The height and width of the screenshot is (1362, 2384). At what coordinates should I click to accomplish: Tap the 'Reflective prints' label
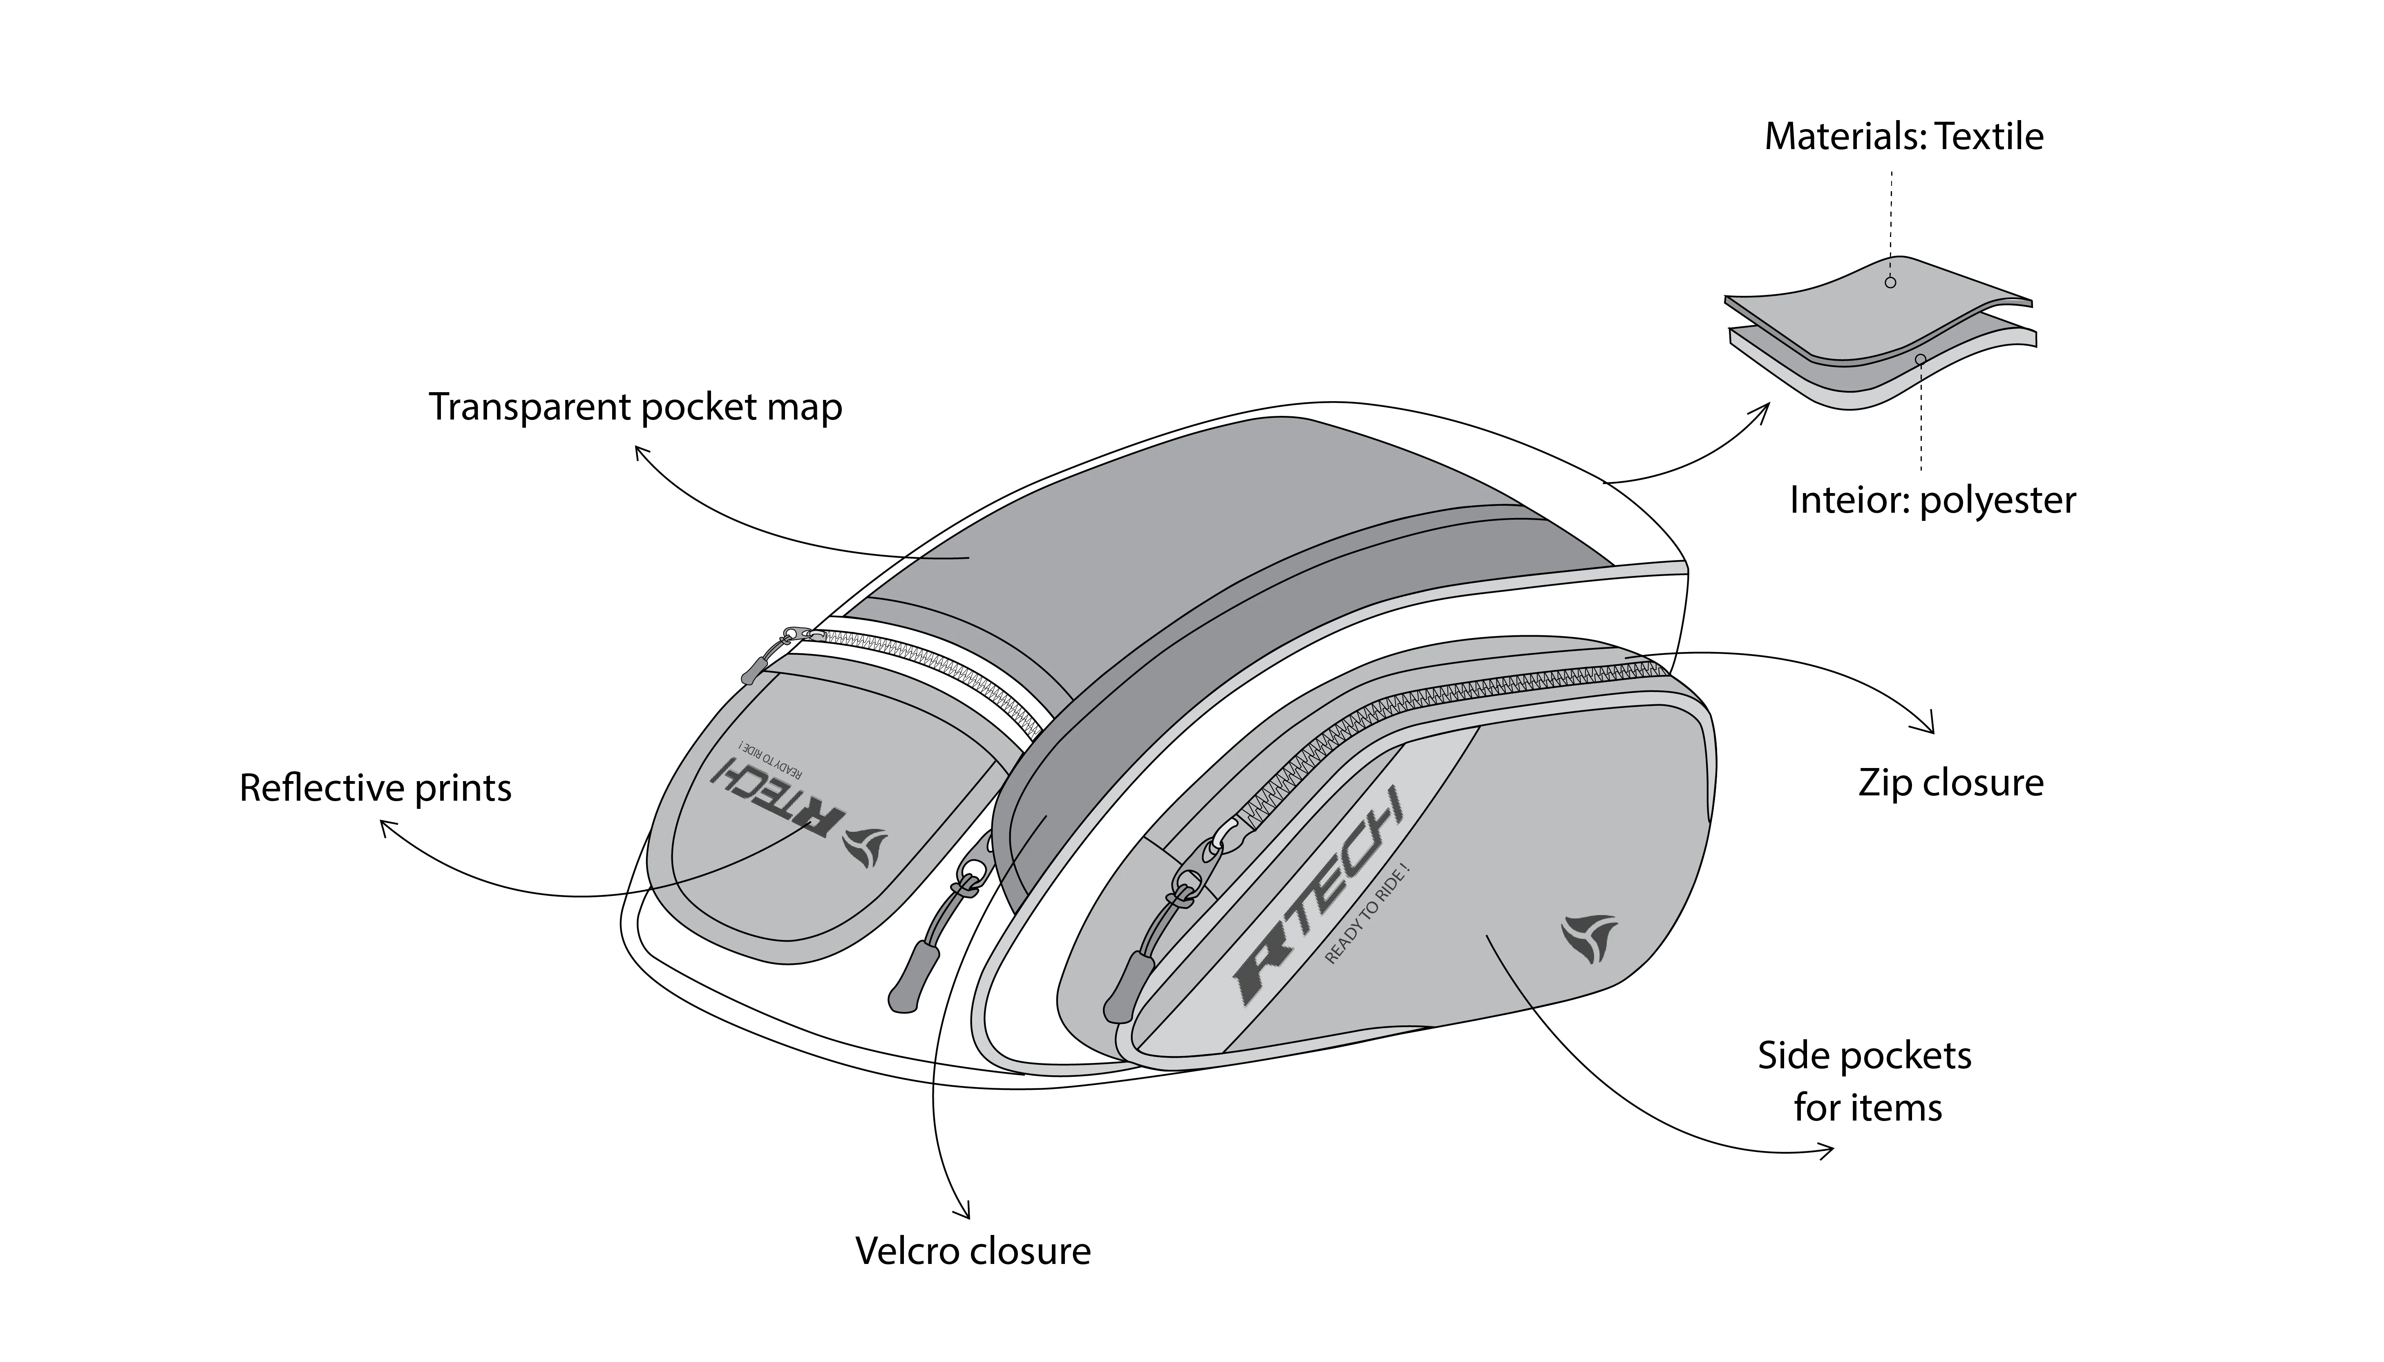pyautogui.click(x=375, y=788)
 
